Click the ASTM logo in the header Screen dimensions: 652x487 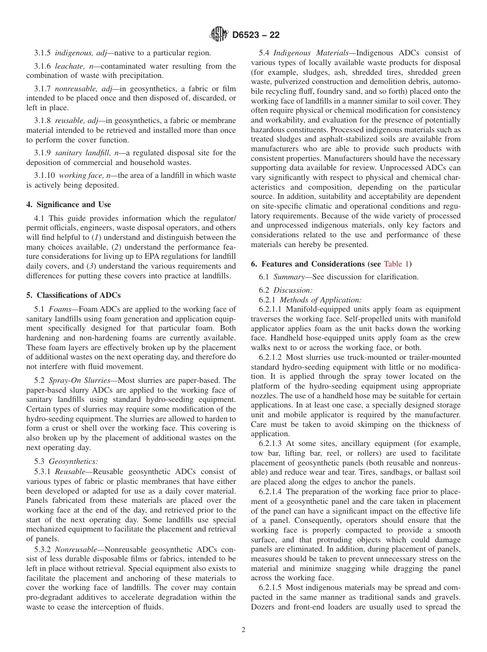[x=219, y=35]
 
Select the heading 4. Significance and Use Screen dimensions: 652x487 [x=68, y=205]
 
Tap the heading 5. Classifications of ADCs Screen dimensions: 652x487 [x=73, y=295]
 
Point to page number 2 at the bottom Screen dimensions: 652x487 [x=243, y=630]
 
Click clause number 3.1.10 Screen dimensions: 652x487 [x=45, y=175]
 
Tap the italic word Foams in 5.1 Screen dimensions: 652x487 [x=59, y=309]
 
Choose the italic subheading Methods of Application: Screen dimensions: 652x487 [x=320, y=300]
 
